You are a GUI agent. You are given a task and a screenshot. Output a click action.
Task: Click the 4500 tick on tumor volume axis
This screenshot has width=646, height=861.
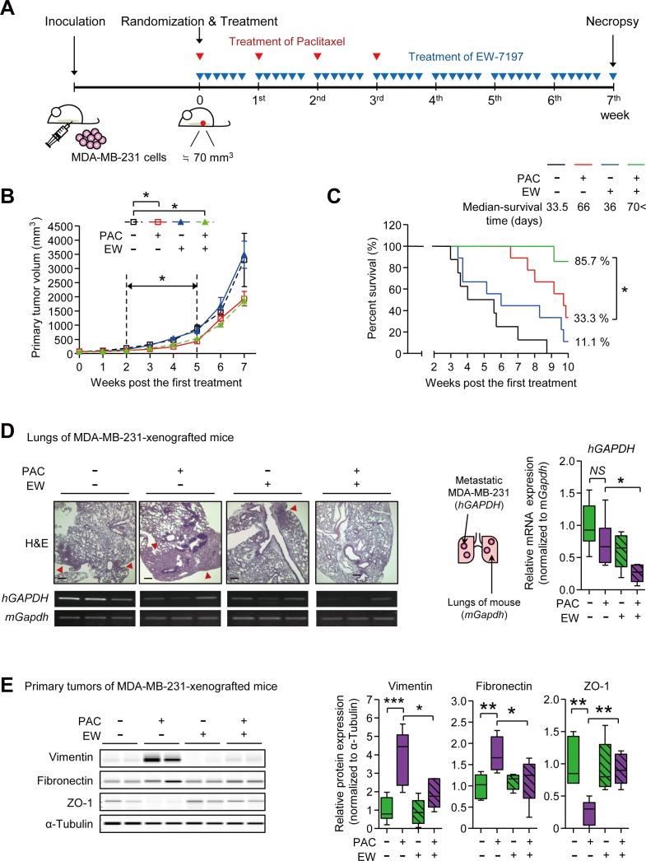59,202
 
